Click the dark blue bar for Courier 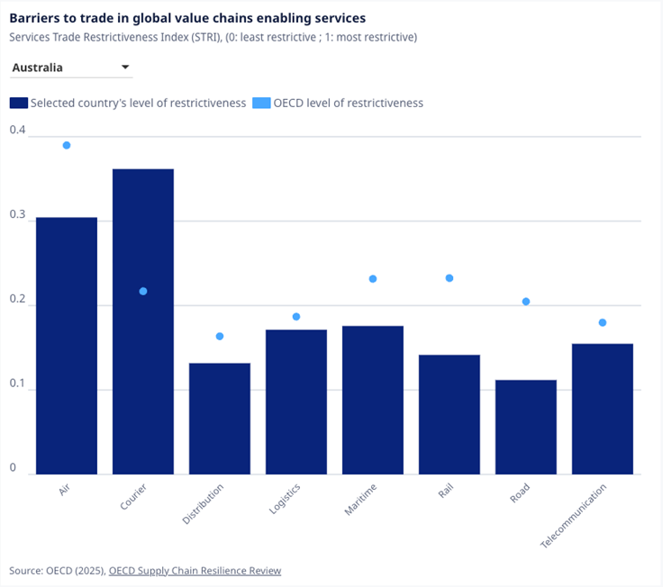pyautogui.click(x=142, y=321)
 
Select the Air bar pyautogui.click(x=67, y=346)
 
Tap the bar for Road pyautogui.click(x=526, y=427)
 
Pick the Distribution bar pyautogui.click(x=219, y=419)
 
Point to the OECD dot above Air pyautogui.click(x=67, y=145)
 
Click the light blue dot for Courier pyautogui.click(x=143, y=291)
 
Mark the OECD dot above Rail pyautogui.click(x=450, y=278)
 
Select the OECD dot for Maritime pyautogui.click(x=373, y=279)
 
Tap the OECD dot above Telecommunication pyautogui.click(x=603, y=322)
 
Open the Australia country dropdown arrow pyautogui.click(x=125, y=68)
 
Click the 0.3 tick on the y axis pyautogui.click(x=18, y=214)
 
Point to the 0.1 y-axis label pyautogui.click(x=18, y=384)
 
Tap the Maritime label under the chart pyautogui.click(x=361, y=500)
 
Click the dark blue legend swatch pyautogui.click(x=19, y=103)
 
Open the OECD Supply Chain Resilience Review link pyautogui.click(x=195, y=570)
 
